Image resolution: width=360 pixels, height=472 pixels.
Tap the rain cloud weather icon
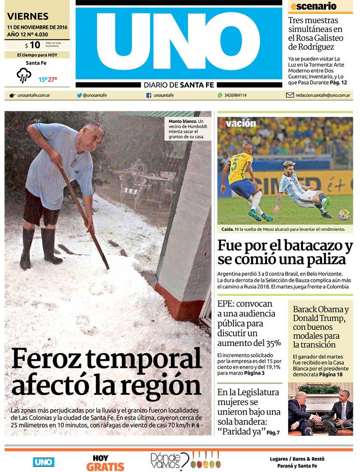click(24, 75)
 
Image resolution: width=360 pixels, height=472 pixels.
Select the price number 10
click(34, 45)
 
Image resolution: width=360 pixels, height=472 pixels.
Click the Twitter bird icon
click(79, 95)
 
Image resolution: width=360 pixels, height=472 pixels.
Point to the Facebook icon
click(149, 95)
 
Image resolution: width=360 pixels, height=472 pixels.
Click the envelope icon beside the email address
click(290, 95)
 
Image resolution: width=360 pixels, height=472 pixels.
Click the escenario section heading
click(313, 6)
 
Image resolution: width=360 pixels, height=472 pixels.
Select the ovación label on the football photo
click(238, 123)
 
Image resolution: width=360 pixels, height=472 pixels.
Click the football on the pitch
click(343, 215)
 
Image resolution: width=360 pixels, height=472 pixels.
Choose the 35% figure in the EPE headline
click(272, 343)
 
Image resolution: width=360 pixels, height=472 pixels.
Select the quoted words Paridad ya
click(240, 432)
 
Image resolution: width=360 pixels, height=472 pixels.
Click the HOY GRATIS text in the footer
click(105, 462)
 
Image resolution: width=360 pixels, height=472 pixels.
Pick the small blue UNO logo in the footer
click(44, 462)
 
